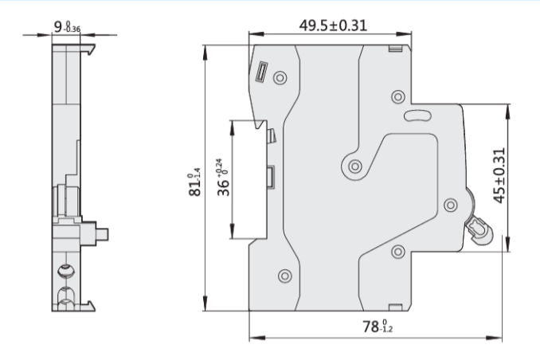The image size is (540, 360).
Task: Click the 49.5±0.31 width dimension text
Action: click(332, 25)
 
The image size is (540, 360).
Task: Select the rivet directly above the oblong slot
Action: click(398, 96)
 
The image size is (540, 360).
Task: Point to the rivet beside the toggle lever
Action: click(448, 203)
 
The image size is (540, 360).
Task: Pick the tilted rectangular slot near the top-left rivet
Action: click(260, 74)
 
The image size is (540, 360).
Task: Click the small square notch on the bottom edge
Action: click(394, 307)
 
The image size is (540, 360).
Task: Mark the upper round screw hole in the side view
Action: click(63, 273)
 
